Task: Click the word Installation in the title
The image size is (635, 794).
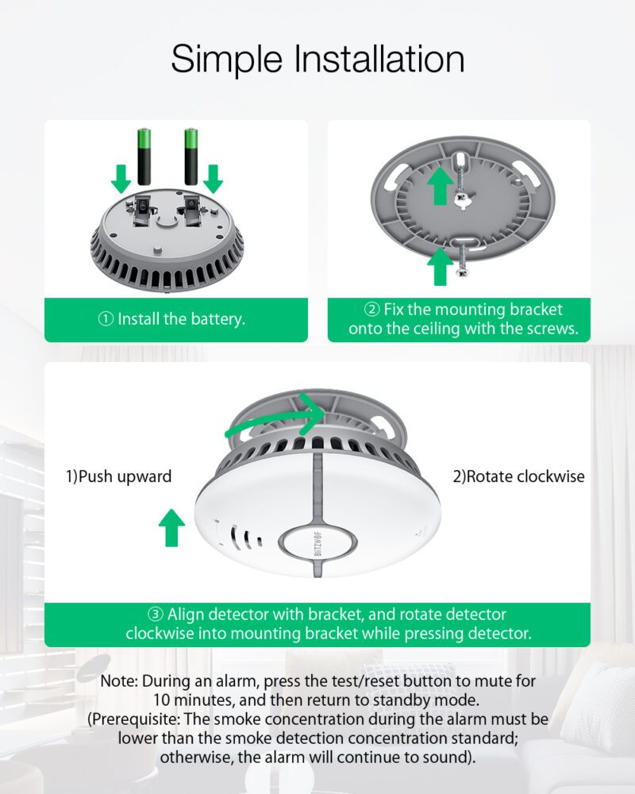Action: click(379, 59)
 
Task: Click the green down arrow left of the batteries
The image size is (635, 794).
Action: click(121, 179)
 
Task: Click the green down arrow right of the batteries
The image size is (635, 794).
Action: click(214, 179)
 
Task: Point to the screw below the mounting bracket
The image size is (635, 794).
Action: click(462, 259)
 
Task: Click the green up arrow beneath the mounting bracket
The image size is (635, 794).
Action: click(440, 267)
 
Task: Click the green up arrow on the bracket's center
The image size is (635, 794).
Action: click(440, 186)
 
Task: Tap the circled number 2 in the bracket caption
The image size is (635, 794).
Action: click(371, 309)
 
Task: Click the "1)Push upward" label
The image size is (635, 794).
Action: click(118, 476)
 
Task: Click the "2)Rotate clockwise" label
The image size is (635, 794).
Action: click(518, 476)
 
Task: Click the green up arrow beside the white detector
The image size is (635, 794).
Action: click(171, 528)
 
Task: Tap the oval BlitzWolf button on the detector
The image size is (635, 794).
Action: click(317, 545)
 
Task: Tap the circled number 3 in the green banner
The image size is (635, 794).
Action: click(155, 615)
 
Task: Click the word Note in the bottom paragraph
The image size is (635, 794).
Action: click(119, 681)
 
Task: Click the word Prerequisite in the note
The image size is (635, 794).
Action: click(136, 719)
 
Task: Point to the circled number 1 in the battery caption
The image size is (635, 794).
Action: click(106, 319)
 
